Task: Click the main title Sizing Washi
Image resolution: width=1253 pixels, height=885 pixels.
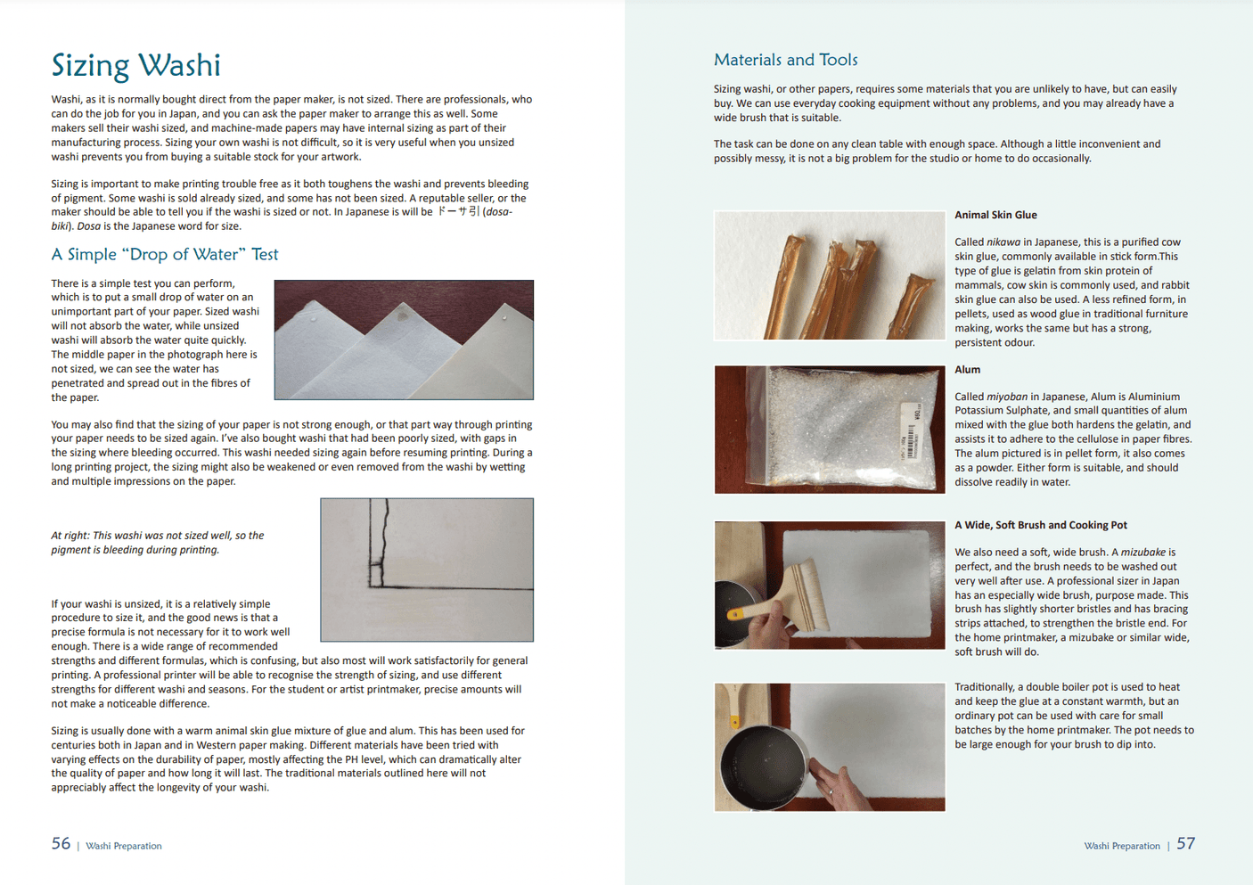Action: click(x=135, y=65)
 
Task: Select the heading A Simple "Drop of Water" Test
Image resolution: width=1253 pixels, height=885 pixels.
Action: click(x=164, y=254)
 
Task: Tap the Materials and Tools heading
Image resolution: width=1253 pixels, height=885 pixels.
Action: click(x=785, y=60)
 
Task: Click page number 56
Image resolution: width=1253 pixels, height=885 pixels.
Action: click(x=61, y=843)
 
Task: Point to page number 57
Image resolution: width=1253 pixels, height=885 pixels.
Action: click(x=1185, y=843)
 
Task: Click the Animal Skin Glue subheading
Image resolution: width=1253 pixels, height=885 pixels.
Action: click(x=995, y=215)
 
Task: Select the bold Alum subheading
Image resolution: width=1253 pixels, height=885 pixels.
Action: click(x=967, y=369)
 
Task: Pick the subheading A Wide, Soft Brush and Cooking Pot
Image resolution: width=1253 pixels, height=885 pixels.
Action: click(x=1040, y=525)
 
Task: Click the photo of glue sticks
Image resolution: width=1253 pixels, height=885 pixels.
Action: click(x=829, y=275)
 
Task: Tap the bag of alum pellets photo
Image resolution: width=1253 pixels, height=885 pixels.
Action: click(x=829, y=430)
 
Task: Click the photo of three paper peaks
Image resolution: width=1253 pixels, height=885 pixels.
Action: click(x=404, y=340)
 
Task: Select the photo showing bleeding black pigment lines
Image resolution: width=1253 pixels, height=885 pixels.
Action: click(x=427, y=570)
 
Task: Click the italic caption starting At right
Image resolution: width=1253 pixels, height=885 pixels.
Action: click(x=157, y=543)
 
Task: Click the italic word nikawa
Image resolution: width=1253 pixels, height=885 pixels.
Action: click(x=1003, y=242)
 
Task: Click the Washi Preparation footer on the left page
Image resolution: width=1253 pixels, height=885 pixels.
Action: click(x=124, y=846)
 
